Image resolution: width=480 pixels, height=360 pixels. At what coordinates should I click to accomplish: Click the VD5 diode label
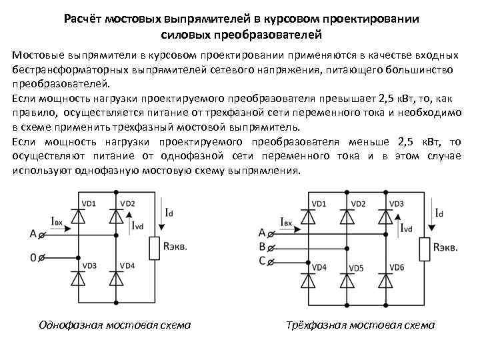click(x=357, y=268)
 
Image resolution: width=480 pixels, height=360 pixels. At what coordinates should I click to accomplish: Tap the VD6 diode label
click(x=397, y=268)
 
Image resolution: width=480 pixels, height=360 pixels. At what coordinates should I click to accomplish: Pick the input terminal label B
click(x=262, y=245)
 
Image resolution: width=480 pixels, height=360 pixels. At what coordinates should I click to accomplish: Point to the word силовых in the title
click(x=191, y=33)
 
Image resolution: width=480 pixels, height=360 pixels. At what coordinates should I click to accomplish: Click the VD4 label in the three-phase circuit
click(x=318, y=268)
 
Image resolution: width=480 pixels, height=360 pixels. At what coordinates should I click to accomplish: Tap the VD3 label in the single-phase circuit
click(x=89, y=266)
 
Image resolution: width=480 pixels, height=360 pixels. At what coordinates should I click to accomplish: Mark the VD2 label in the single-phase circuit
click(x=127, y=203)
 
